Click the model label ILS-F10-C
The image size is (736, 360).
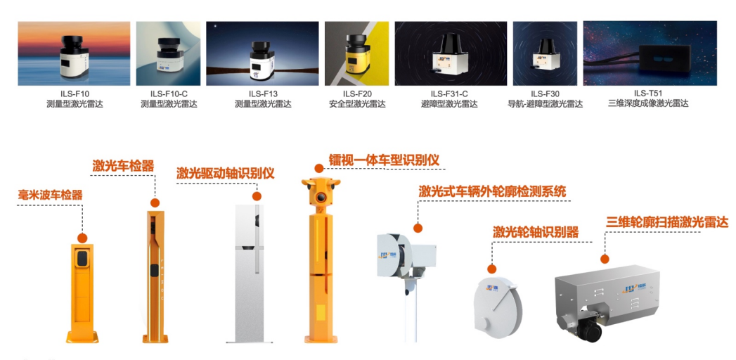point(169,94)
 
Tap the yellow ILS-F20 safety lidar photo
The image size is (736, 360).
point(356,53)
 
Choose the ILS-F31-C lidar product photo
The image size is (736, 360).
point(451,53)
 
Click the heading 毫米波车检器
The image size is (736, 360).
point(50,195)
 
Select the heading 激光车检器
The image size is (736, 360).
point(123,165)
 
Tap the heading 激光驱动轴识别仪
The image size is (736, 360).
point(226,173)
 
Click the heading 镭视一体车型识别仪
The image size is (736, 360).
point(385,160)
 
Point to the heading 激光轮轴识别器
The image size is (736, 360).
point(536,232)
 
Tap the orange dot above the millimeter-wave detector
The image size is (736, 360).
point(83,238)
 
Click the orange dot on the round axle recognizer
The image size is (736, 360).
point(491,269)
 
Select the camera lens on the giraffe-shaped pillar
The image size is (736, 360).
point(321,197)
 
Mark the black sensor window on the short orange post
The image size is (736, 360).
point(83,259)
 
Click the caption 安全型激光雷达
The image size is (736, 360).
point(357,104)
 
